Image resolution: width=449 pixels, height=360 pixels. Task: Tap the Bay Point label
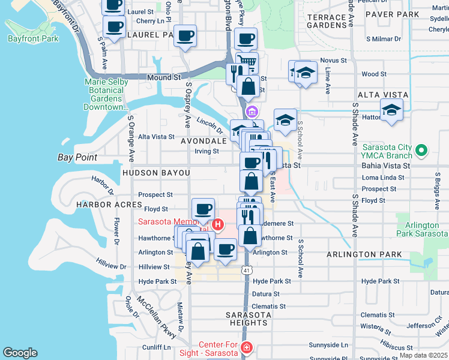point(76,158)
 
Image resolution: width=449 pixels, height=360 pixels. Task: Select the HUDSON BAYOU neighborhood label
point(156,173)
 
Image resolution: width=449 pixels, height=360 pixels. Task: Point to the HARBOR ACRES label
point(100,205)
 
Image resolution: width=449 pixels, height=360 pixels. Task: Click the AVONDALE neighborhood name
point(203,140)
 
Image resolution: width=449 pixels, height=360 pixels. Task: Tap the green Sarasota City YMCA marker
point(423,150)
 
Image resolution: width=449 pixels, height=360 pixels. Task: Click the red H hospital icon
point(217,225)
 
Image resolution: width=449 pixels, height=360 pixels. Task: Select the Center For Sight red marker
point(246,348)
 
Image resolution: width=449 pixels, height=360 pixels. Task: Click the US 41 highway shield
point(247,271)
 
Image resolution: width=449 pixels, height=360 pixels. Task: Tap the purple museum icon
point(252,112)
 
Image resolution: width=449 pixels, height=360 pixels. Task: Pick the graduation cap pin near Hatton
point(391,110)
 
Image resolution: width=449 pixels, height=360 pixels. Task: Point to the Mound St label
point(163,77)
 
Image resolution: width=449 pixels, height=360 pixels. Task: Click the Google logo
point(20,353)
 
